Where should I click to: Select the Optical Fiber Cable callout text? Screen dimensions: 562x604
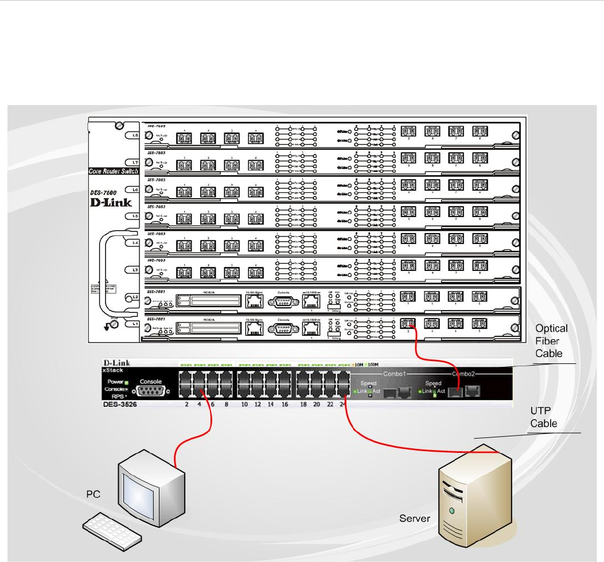tap(551, 341)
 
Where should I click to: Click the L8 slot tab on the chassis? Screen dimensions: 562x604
tap(135, 135)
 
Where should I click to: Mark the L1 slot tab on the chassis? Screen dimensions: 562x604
tap(135, 324)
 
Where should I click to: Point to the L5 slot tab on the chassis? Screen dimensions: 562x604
tap(135, 216)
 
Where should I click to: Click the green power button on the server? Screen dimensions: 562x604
tap(453, 509)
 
